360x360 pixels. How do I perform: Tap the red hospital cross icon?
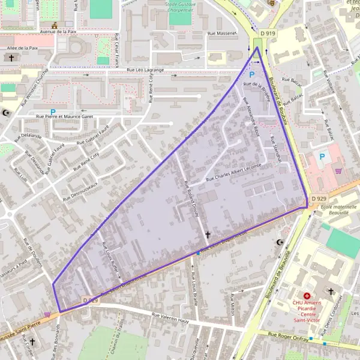point(307,296)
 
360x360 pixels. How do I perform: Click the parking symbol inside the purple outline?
point(252,74)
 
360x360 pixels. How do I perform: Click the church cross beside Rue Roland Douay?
point(208,235)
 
